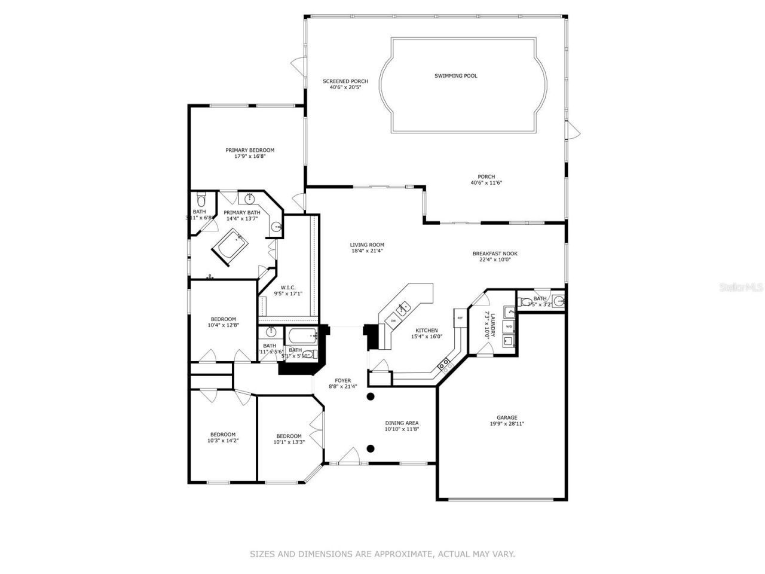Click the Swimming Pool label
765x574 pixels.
[455, 76]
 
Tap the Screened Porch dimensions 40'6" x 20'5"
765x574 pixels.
[345, 87]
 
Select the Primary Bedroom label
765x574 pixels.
[250, 150]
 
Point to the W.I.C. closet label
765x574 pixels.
[288, 288]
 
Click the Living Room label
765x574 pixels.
[367, 245]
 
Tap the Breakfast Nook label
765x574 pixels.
[495, 254]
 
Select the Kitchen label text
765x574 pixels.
[427, 331]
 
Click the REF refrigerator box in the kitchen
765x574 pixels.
[460, 317]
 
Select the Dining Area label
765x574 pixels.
[402, 423]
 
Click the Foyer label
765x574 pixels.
[342, 380]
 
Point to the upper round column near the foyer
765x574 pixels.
[371, 396]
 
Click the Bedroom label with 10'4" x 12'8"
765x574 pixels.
[223, 319]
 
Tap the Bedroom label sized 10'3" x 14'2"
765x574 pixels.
[222, 435]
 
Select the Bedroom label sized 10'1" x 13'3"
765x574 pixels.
[289, 436]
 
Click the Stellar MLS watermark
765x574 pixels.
[741, 287]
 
